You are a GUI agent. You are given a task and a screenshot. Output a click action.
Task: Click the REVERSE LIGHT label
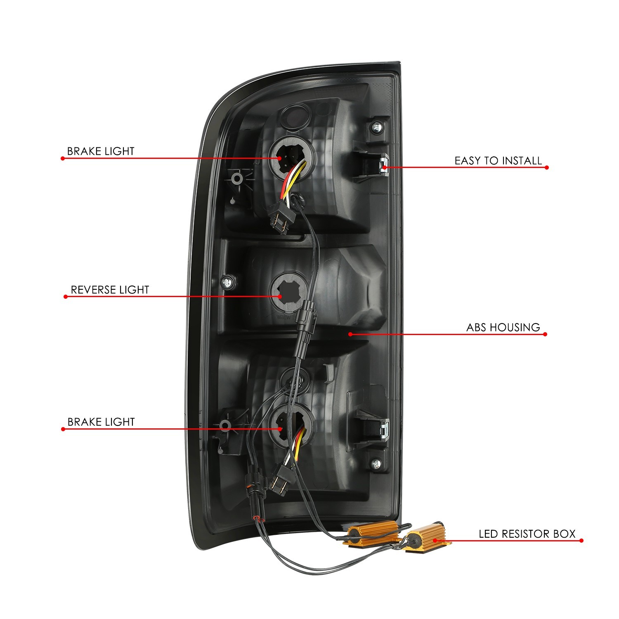pos(110,290)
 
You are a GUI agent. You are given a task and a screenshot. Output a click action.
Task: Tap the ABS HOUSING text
pos(503,328)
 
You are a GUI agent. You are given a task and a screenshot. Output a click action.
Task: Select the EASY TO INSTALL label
pos(498,161)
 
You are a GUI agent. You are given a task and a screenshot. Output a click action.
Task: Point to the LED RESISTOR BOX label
pos(527,534)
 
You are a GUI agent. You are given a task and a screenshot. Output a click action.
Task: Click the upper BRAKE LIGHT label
pos(101,151)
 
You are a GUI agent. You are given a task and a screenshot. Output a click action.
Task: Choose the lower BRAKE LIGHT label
pos(101,422)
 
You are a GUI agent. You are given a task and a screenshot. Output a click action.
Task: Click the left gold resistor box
pos(371,533)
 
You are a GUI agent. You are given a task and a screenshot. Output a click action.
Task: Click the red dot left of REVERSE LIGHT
pos(66,297)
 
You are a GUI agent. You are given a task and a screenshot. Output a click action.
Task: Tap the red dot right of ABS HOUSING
pos(546,334)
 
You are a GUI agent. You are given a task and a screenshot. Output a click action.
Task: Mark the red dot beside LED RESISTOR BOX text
pos(581,541)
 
